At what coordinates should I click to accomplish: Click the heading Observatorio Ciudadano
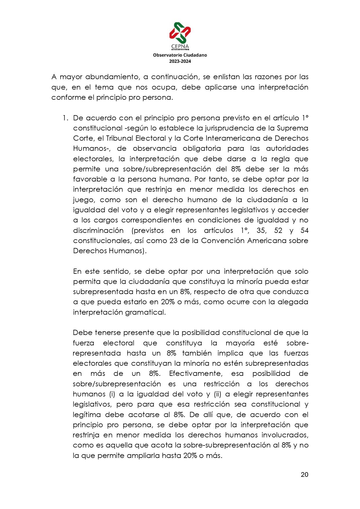[x=180, y=55]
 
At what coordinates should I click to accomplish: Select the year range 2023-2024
[x=180, y=61]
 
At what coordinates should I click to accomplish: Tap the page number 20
[x=304, y=475]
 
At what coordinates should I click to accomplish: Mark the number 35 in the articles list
[x=261, y=231]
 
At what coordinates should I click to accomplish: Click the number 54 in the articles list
[x=304, y=231]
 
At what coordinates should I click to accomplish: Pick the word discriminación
[x=98, y=231]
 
